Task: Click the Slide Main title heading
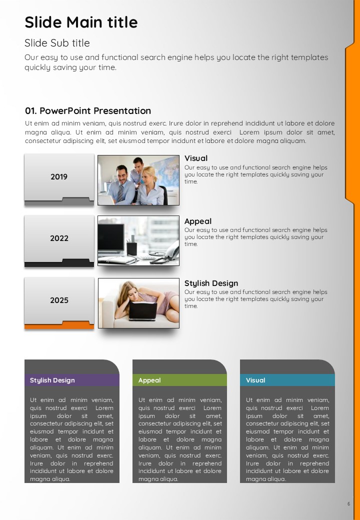point(81,22)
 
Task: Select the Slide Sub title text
point(57,43)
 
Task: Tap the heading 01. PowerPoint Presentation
point(88,111)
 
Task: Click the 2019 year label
point(59,177)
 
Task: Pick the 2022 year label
point(59,238)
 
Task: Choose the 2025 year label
point(59,300)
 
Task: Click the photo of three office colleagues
point(138,180)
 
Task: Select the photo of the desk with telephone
point(138,241)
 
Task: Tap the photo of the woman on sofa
point(138,303)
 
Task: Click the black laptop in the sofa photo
point(143,311)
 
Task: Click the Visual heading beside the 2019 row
point(196,158)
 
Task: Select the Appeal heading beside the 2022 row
point(198,221)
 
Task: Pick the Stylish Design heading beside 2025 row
point(211,283)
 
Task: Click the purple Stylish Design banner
point(72,380)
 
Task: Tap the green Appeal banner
point(179,380)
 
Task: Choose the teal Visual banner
point(287,380)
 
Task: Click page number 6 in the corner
point(348,504)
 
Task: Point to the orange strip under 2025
point(59,326)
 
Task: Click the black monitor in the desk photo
point(111,238)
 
